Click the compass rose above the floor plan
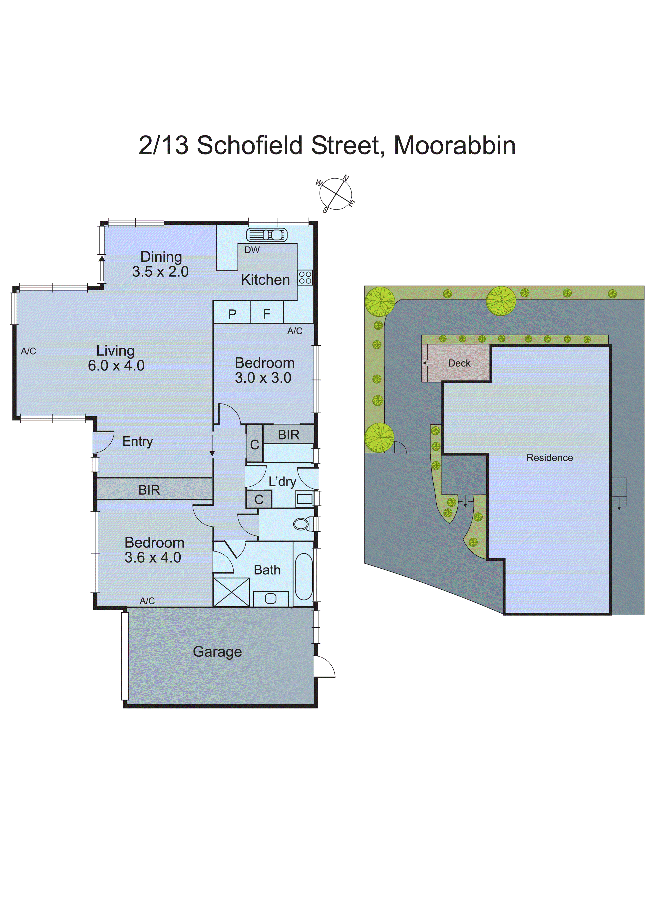click(336, 194)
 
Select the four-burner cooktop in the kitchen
click(305, 277)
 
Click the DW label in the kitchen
click(252, 250)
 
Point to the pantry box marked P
click(232, 314)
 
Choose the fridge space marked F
click(267, 314)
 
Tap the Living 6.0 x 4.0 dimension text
click(116, 358)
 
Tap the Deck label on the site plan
click(459, 363)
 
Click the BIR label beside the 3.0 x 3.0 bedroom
click(289, 435)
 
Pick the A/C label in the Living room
click(28, 351)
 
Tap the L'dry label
click(282, 481)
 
